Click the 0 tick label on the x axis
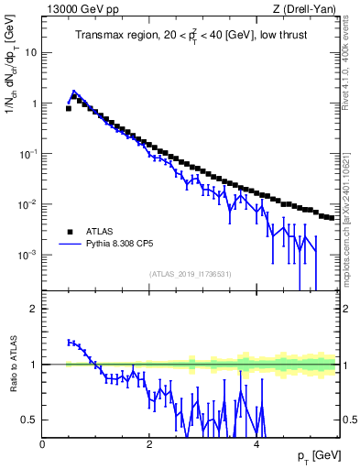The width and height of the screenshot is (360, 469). point(43,444)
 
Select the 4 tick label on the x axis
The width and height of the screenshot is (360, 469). point(256,444)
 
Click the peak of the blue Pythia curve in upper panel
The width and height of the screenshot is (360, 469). point(74,92)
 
